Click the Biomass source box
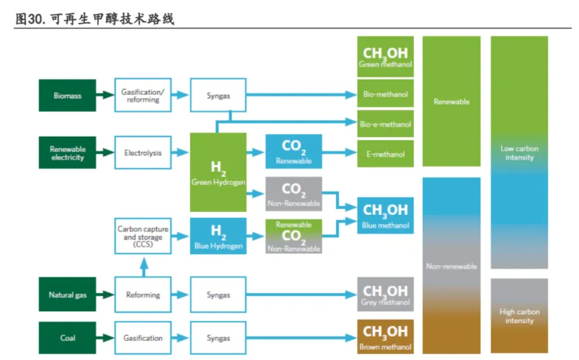[67, 95]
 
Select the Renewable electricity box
[67, 152]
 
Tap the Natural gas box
[67, 294]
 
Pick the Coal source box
[67, 337]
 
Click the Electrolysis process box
[143, 152]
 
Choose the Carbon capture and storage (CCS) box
[143, 236]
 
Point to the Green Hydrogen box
[218, 172]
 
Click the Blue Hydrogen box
[218, 236]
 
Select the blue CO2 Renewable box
[294, 152]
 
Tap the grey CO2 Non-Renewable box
[294, 194]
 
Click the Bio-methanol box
[385, 93]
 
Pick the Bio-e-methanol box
[385, 124]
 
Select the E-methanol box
[385, 154]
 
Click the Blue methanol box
[385, 216]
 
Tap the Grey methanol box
[385, 294]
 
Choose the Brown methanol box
[385, 337]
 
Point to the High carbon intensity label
[519, 316]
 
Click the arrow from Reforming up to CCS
[144, 267]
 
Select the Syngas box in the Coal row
[218, 337]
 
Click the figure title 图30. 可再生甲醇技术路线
[94, 18]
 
